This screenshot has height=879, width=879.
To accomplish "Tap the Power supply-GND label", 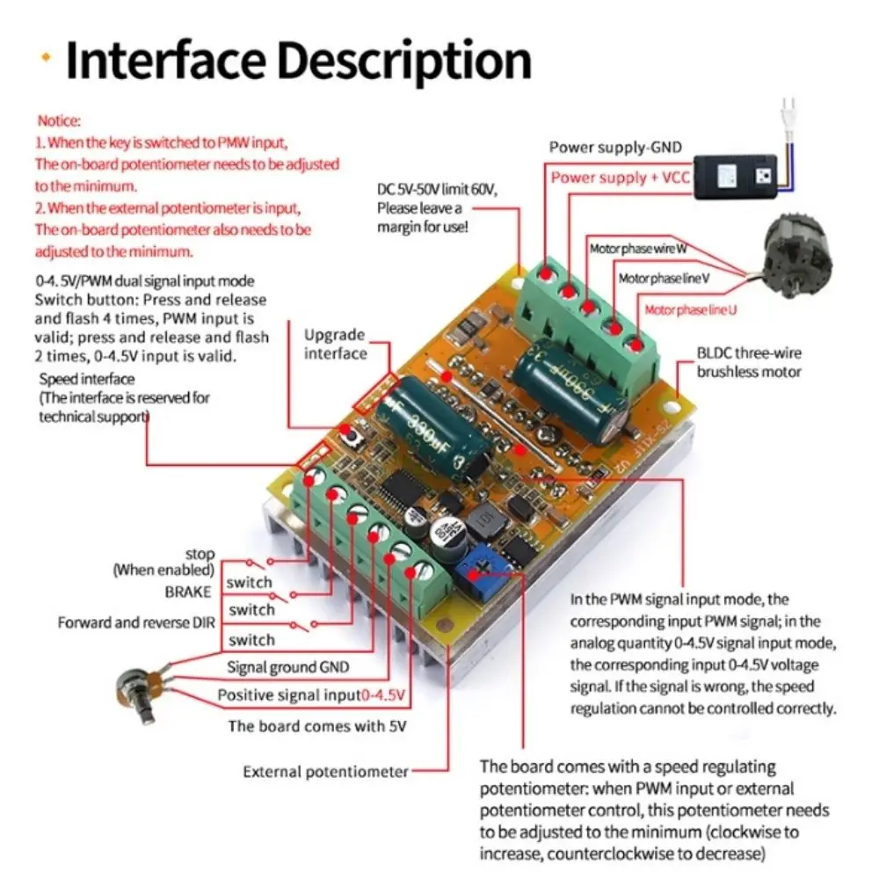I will tap(614, 147).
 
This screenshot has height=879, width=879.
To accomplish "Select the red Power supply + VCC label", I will tap(621, 178).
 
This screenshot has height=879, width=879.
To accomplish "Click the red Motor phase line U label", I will tap(689, 310).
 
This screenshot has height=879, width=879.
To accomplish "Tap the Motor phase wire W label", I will tap(637, 249).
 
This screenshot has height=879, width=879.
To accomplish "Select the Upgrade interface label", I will tap(335, 344).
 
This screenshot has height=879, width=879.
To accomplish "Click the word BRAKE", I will tap(188, 592).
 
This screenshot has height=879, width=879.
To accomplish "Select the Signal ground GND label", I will tap(287, 667).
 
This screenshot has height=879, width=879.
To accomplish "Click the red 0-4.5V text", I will tap(383, 695).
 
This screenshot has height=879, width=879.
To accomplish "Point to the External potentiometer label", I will tap(325, 772).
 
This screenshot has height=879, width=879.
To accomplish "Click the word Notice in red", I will tap(59, 120).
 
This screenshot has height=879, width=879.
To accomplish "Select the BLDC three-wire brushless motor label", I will tap(749, 362).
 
